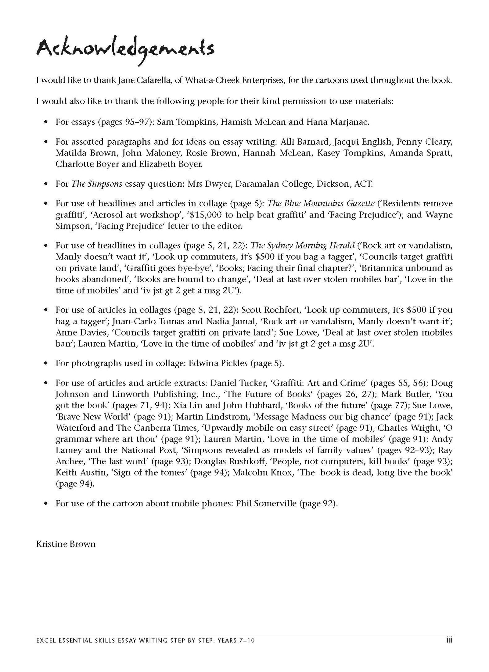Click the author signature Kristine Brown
coord(66,544)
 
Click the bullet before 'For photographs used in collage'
coord(45,363)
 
